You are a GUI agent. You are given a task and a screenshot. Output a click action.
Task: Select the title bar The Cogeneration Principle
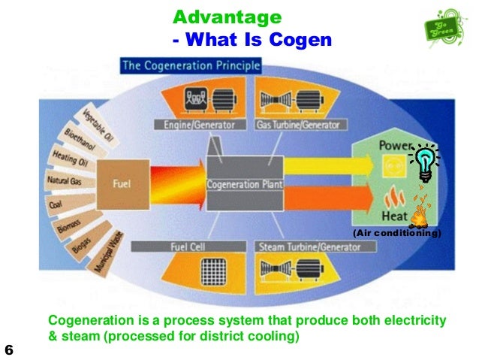[191, 66]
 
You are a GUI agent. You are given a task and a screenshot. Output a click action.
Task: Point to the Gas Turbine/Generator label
[299, 125]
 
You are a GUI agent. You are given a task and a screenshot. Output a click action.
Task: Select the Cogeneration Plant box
[244, 184]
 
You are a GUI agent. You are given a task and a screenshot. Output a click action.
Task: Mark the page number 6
[9, 350]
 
